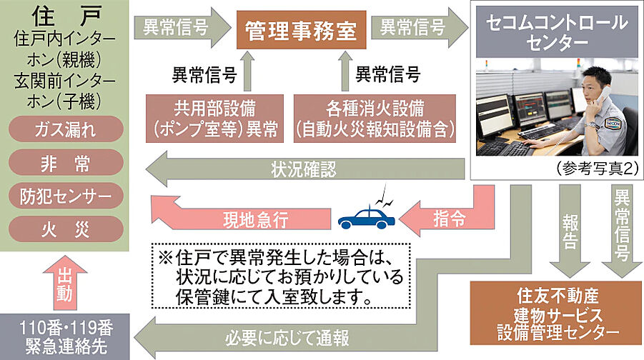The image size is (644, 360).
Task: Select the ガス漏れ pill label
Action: tap(66, 130)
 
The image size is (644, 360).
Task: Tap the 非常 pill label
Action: tap(66, 163)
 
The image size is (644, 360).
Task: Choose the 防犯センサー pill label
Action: tap(66, 195)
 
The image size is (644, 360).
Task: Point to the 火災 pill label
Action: tap(66, 228)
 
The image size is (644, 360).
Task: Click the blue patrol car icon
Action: tap(365, 216)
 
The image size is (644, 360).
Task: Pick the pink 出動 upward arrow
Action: tap(66, 281)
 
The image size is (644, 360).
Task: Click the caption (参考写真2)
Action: tap(595, 169)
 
